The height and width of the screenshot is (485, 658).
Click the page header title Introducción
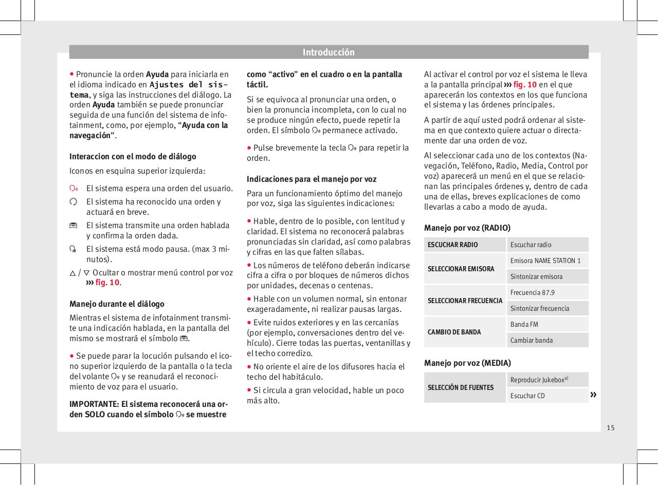328,52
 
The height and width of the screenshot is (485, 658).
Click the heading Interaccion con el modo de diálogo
133,156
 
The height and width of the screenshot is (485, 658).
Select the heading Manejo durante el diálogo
117,304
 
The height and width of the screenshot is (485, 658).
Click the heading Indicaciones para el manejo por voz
312,179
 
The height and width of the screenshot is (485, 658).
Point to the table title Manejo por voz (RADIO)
467,227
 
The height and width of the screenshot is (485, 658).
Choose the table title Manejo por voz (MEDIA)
467,363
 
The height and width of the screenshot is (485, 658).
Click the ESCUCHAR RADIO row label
452,245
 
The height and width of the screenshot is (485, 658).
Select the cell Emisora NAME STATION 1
545,260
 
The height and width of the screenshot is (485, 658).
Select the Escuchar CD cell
527,396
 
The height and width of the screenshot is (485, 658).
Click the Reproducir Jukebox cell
539,380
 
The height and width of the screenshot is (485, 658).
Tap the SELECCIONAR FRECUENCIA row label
465,301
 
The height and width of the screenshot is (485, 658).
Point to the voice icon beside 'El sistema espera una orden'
74,189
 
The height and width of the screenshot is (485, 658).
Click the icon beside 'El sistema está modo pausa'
74,249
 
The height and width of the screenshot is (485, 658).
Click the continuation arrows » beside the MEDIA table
594,395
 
